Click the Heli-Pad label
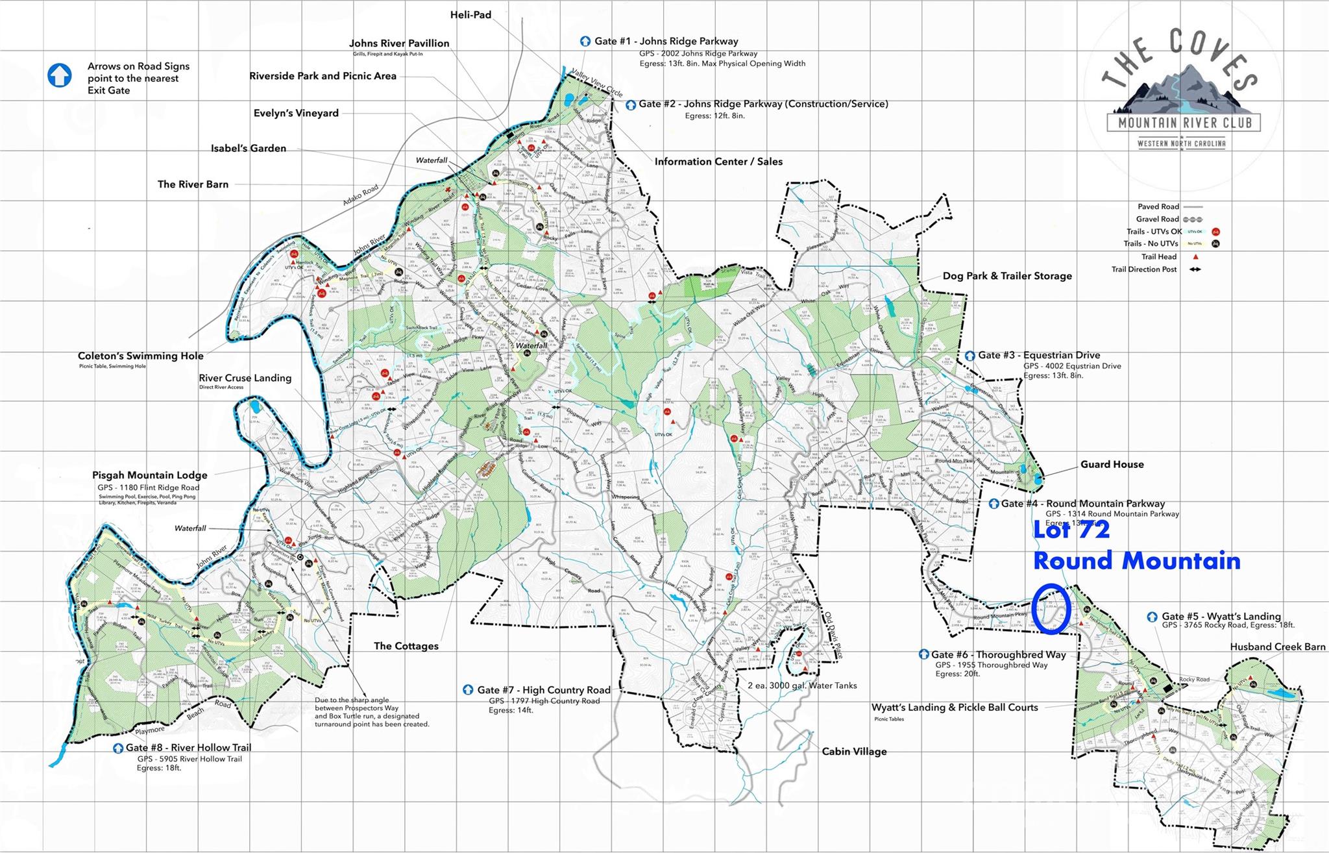point(470,14)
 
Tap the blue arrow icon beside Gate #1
point(585,41)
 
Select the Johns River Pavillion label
point(399,43)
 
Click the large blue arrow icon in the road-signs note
point(60,75)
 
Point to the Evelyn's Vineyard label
point(296,113)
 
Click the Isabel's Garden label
point(249,148)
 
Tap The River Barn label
point(193,184)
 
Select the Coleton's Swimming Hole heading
point(140,356)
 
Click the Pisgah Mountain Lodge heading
point(149,475)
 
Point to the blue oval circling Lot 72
point(1051,608)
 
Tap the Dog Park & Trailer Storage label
point(1007,276)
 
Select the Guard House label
point(1112,464)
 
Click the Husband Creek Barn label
point(1277,647)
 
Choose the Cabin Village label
point(854,751)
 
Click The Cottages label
point(406,646)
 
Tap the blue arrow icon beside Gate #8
point(118,748)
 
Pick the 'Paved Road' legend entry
point(1157,206)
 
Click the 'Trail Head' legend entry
point(1158,256)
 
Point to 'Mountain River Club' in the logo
point(1184,122)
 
